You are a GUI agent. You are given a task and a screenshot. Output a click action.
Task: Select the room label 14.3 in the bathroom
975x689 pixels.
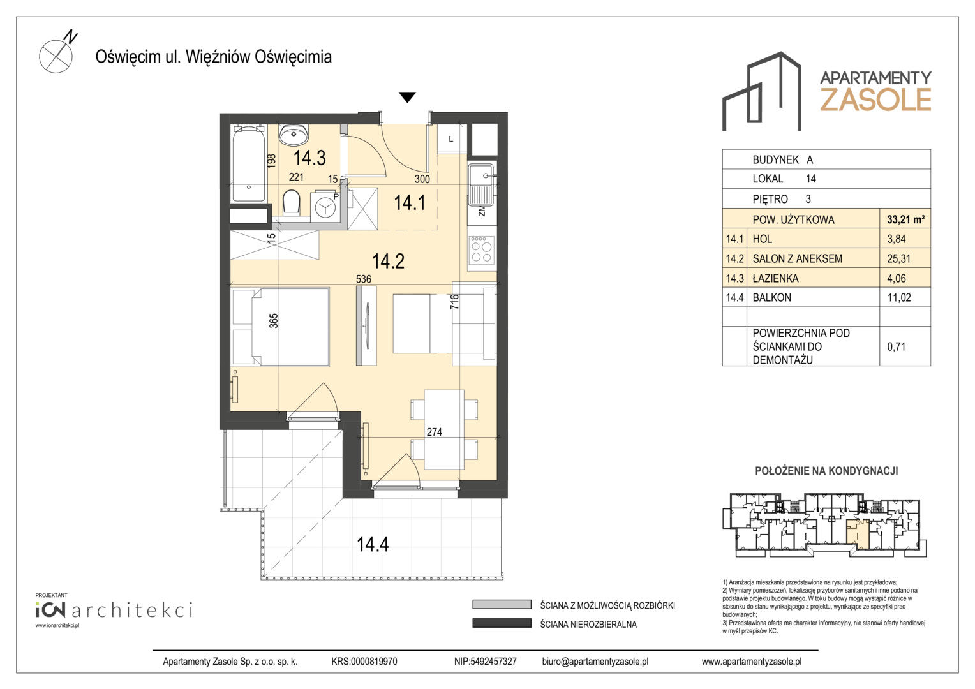click(x=309, y=158)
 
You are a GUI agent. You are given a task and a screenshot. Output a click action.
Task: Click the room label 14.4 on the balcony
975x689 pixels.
click(x=373, y=544)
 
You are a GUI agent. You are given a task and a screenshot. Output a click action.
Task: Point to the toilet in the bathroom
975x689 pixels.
click(x=291, y=203)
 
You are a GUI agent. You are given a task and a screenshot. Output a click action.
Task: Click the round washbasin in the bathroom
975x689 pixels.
click(x=294, y=135)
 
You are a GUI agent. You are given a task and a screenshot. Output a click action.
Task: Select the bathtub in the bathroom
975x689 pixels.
click(x=249, y=163)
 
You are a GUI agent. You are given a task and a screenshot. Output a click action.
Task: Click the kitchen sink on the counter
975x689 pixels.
click(x=481, y=185)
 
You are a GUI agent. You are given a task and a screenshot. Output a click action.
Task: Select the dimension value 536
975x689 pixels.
click(x=364, y=279)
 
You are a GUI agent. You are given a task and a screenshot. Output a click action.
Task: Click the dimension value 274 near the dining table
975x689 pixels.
click(x=434, y=432)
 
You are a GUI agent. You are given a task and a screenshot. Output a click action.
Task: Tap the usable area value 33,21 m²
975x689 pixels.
click(x=906, y=220)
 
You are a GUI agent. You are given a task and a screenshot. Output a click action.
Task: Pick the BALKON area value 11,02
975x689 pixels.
click(x=899, y=298)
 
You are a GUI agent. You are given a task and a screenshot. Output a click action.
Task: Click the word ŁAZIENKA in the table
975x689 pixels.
click(x=776, y=278)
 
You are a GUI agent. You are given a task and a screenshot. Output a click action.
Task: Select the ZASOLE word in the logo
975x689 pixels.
click(x=875, y=100)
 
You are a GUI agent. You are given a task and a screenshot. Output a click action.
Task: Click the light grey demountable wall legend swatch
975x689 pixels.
click(x=502, y=605)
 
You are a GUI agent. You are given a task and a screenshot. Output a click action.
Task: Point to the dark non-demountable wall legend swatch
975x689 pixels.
click(x=502, y=623)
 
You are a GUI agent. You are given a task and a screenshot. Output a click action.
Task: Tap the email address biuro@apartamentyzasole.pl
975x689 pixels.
click(x=595, y=662)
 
